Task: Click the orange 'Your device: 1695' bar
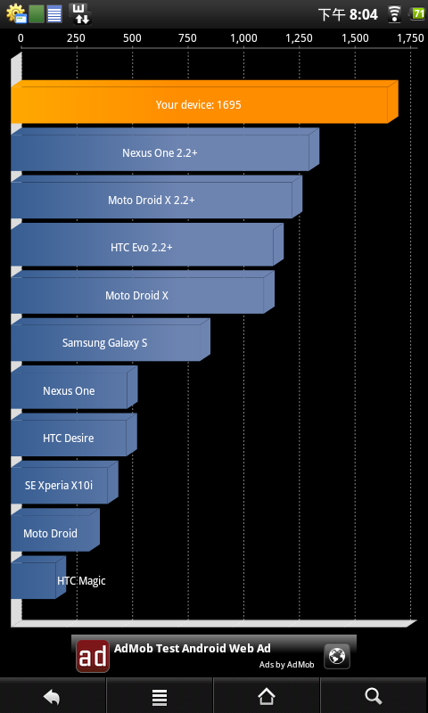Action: pyautogui.click(x=204, y=102)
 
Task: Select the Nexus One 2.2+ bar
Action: pyautogui.click(x=165, y=150)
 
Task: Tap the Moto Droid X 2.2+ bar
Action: pyautogui.click(x=156, y=197)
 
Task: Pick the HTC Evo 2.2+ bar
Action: pyautogui.click(x=147, y=244)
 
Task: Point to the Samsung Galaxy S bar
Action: pyautogui.click(x=110, y=340)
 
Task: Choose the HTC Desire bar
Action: pyautogui.click(x=74, y=435)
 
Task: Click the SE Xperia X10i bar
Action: pyautogui.click(x=64, y=482)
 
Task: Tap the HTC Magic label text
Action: pyautogui.click(x=81, y=581)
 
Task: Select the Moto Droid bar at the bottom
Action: pyautogui.click(x=55, y=529)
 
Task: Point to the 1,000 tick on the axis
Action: pyautogui.click(x=243, y=38)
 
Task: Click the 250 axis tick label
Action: pyautogui.click(x=77, y=38)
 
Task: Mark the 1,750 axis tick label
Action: pyautogui.click(x=410, y=38)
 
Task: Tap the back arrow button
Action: pyautogui.click(x=53, y=696)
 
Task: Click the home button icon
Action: pyautogui.click(x=267, y=696)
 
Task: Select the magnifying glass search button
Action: pyautogui.click(x=373, y=696)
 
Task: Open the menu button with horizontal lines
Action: pyautogui.click(x=160, y=697)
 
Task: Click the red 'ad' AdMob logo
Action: pyautogui.click(x=93, y=656)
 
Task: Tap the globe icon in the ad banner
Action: pyautogui.click(x=337, y=656)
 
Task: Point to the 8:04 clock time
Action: pyautogui.click(x=364, y=14)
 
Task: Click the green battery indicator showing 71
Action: pyautogui.click(x=417, y=13)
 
